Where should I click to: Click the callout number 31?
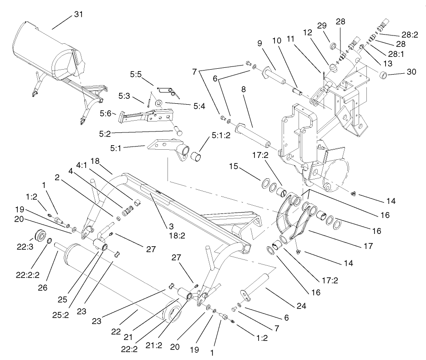tap(79, 15)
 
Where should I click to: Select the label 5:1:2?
tap(222, 135)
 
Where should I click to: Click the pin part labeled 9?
tap(274, 75)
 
